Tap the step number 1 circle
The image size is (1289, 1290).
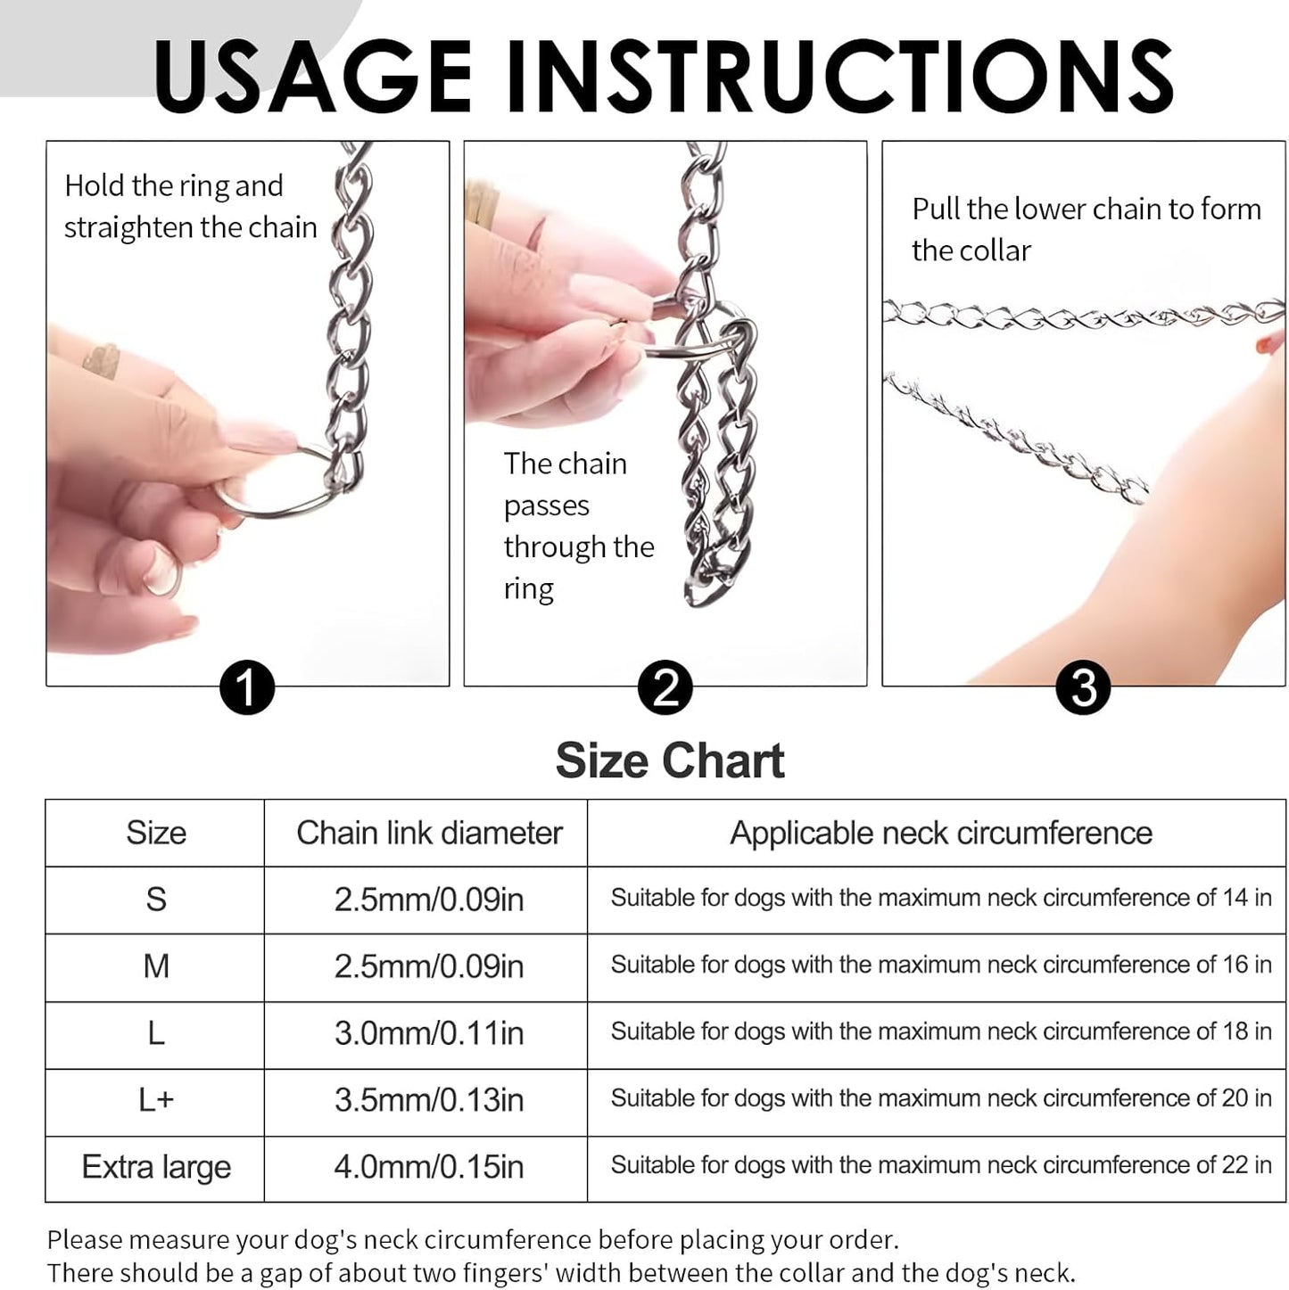tap(246, 688)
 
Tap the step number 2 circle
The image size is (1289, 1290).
tap(665, 688)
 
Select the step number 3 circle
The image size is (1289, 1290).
tap(1083, 688)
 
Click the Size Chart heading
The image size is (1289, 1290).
tap(669, 761)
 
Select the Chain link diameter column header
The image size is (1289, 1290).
tap(429, 833)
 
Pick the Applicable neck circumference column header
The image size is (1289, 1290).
tap(940, 833)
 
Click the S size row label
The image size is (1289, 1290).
tap(156, 900)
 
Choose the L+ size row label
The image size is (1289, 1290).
tap(156, 1100)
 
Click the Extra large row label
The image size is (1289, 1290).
tap(156, 1167)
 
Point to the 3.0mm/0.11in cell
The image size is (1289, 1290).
tap(429, 1033)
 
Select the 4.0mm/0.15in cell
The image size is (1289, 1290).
tap(429, 1167)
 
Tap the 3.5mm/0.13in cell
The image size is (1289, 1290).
tap(429, 1100)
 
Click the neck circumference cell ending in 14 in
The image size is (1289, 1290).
tap(940, 898)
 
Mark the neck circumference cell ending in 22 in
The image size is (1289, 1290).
tap(940, 1165)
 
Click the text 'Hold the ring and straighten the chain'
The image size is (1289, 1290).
tap(190, 207)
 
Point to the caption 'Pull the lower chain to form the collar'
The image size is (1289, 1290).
tap(1086, 230)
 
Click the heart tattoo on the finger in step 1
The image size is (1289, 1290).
tap(100, 359)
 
